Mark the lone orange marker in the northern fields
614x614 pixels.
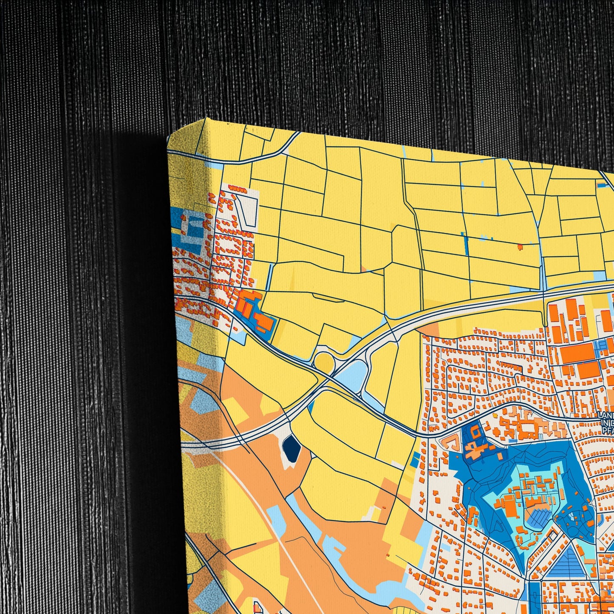point(520,246)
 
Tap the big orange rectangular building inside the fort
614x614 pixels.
point(509,506)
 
